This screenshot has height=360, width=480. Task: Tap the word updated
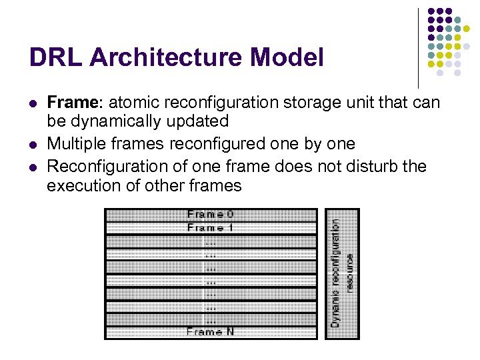tap(199, 121)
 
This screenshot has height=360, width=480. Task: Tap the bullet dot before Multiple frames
tap(33, 144)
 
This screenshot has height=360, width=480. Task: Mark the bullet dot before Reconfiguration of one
tap(33, 166)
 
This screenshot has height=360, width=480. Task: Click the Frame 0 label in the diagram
tap(211, 215)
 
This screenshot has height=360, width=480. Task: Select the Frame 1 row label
tap(211, 228)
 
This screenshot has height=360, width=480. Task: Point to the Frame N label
tap(211, 331)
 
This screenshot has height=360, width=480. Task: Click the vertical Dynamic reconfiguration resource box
tap(341, 273)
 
